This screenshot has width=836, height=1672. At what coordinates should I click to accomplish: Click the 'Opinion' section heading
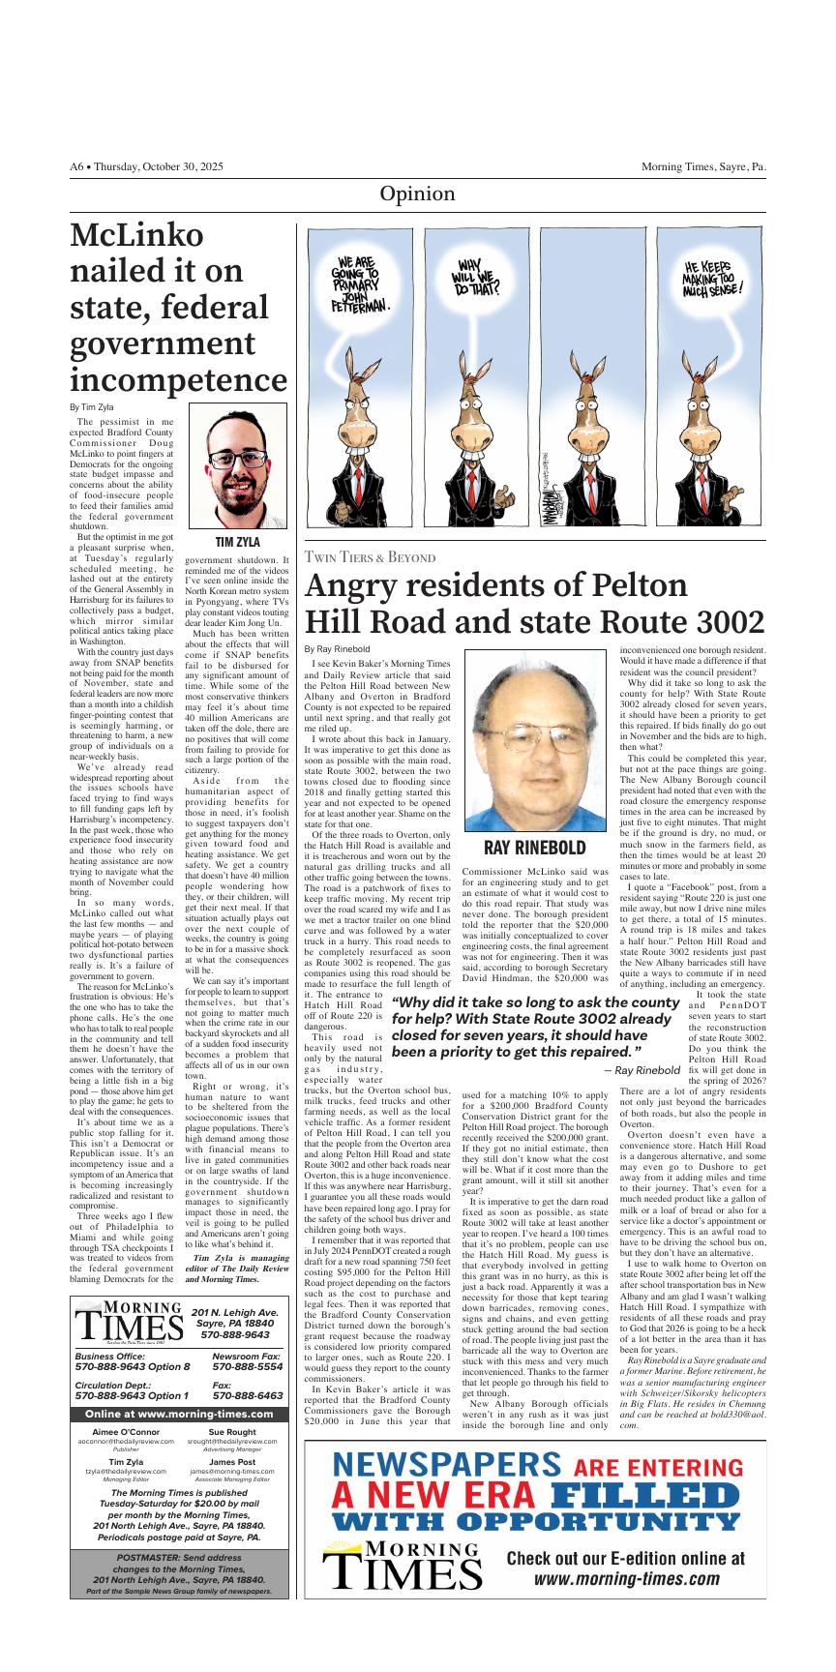click(x=417, y=194)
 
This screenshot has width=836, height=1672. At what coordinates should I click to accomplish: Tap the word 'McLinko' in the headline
click(x=137, y=237)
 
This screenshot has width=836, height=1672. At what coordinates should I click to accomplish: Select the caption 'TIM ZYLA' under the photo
click(x=238, y=543)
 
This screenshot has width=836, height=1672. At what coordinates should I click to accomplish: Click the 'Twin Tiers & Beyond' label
click(x=370, y=557)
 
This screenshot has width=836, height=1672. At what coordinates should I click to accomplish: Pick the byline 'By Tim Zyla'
click(x=92, y=407)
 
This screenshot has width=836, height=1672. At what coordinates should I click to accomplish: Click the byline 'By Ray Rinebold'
click(x=337, y=648)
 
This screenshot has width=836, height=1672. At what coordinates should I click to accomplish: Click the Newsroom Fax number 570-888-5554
click(x=247, y=1368)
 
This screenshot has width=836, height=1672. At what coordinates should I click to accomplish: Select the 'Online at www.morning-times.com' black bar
click(x=179, y=1414)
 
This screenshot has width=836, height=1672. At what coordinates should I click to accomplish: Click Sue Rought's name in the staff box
click(x=232, y=1432)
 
